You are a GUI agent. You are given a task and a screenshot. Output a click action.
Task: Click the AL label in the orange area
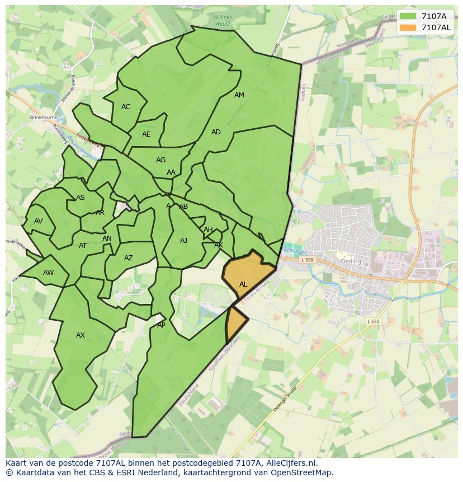[x=243, y=284]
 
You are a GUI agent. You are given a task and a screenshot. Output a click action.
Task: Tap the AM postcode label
[x=239, y=95]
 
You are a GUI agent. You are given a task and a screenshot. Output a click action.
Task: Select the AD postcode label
[x=216, y=132]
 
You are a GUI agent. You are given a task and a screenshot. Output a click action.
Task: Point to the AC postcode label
[x=126, y=107]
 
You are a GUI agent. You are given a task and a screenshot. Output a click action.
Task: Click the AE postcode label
[x=146, y=134]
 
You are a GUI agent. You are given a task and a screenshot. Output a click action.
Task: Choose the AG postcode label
[x=160, y=160]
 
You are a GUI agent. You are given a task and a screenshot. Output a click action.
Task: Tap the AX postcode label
[x=81, y=335]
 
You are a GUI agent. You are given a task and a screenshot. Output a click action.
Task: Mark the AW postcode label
[x=49, y=273]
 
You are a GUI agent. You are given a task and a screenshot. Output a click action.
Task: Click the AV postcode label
[x=38, y=221]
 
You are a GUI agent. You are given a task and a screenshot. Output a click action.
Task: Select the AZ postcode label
[x=129, y=258]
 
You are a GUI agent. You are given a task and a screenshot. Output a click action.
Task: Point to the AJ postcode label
[x=183, y=241]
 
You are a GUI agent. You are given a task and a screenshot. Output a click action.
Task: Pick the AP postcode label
[x=161, y=325]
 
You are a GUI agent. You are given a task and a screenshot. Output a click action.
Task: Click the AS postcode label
[x=81, y=198]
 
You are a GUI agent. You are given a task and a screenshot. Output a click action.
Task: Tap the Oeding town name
[x=351, y=261]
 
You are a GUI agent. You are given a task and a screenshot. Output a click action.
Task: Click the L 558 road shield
[x=307, y=260]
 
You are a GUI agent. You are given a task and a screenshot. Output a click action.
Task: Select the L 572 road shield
[x=374, y=321]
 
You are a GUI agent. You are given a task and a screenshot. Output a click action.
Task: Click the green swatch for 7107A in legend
[x=408, y=16]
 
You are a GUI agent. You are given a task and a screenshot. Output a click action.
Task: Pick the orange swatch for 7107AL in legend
[x=408, y=27]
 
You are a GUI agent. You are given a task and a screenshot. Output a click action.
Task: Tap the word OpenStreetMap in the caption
[x=303, y=472]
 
